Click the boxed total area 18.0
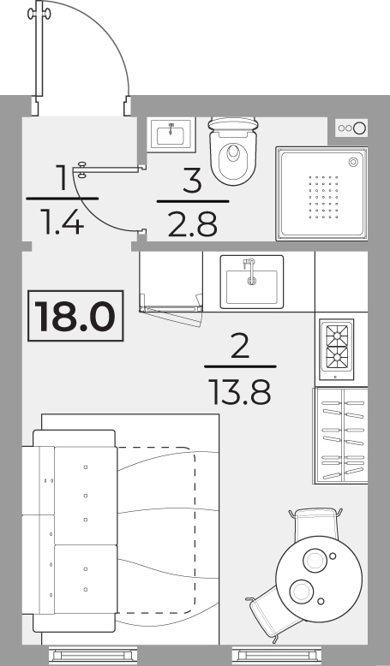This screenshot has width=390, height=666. tap(75, 316)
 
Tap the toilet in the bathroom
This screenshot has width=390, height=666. tap(233, 151)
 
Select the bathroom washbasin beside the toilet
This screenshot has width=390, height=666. tap(171, 134)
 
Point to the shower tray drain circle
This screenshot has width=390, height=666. tap(353, 162)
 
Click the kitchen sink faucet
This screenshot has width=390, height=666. tap(250, 271)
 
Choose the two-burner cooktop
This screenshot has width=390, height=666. tap(336, 349)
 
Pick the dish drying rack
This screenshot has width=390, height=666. tap(340, 436)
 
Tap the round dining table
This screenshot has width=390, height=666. tap(319, 579)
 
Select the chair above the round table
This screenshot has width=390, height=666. tap(315, 523)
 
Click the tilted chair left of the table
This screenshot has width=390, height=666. tap(272, 611)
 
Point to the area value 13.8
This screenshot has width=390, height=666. tap(239, 392)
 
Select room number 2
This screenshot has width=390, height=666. tap(240, 346)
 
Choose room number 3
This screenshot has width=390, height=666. tap(192, 181)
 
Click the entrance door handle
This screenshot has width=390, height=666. tap(39, 14)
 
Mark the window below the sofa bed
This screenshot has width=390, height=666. tap(93, 656)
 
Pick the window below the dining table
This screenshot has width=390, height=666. tap(277, 656)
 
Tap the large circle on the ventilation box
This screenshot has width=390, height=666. tap(360, 128)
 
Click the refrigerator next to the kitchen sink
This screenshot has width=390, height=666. tap(171, 282)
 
